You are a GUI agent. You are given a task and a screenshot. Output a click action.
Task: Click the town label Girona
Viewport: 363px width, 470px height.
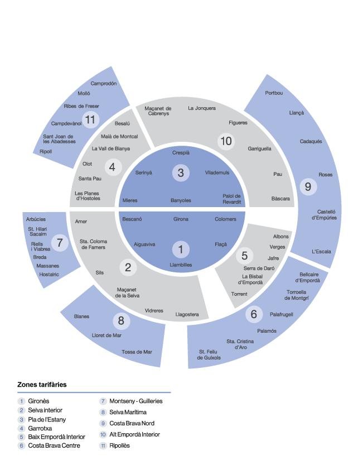[x=181, y=219]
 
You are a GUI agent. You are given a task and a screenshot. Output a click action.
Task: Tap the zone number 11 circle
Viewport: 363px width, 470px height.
[x=90, y=119]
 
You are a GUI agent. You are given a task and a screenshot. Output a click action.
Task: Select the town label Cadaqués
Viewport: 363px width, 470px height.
[x=311, y=141]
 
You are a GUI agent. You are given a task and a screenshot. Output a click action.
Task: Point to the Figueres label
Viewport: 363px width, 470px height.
[x=238, y=123]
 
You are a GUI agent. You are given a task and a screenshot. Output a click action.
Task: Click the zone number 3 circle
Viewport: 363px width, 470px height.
[x=181, y=172]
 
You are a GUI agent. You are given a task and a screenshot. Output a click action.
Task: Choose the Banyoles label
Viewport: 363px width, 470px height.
[x=181, y=200]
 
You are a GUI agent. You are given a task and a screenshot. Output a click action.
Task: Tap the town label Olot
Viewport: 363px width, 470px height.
[x=87, y=164]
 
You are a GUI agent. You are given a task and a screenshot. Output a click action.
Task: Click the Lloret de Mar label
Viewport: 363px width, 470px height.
[x=107, y=335]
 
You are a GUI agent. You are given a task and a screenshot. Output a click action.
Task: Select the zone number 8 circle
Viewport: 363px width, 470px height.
[x=121, y=320]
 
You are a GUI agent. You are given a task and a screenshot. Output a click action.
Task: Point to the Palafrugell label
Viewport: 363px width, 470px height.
[x=281, y=314]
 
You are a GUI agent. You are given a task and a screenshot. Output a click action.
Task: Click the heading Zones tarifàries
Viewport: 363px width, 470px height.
[x=42, y=385]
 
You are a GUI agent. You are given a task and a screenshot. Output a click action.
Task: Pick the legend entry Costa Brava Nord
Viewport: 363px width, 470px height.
[x=132, y=423]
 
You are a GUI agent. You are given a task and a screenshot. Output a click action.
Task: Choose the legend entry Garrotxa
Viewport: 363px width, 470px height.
[x=40, y=428]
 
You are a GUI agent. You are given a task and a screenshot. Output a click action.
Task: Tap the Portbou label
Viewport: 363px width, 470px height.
[x=274, y=93]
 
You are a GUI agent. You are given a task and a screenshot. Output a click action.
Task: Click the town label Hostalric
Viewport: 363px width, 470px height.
[x=49, y=274]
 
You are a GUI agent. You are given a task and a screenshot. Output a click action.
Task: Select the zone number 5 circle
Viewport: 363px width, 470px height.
[x=244, y=256]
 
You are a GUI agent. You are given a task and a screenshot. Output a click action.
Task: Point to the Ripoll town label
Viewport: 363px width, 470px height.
[x=46, y=152]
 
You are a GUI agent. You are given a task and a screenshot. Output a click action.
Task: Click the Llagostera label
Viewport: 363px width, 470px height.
[x=187, y=314]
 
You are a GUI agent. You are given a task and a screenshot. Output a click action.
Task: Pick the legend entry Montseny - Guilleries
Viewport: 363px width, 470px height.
[x=135, y=401]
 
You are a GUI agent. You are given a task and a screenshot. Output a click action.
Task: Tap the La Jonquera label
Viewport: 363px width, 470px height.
[x=201, y=108]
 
